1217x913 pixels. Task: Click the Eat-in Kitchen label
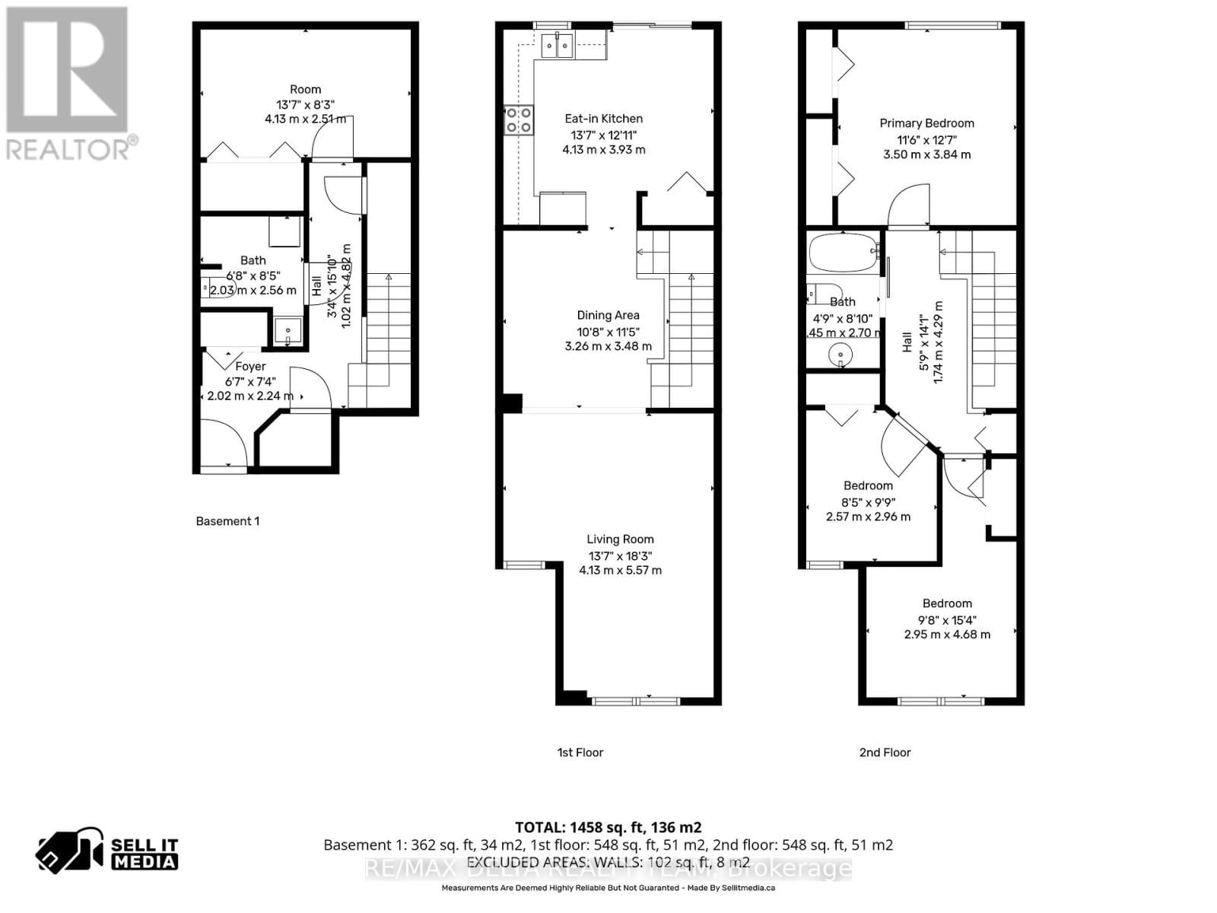603,119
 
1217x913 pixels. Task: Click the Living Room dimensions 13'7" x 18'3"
620,555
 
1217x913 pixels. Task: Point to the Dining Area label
608,315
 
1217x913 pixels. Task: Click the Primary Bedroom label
926,123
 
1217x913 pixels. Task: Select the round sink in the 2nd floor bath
840,354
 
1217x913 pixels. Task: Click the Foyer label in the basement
250,367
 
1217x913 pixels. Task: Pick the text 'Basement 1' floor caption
227,521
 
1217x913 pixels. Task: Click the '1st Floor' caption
580,752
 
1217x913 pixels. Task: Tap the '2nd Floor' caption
885,752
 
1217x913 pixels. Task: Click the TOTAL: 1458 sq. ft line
608,827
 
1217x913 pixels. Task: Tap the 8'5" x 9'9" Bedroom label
868,486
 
